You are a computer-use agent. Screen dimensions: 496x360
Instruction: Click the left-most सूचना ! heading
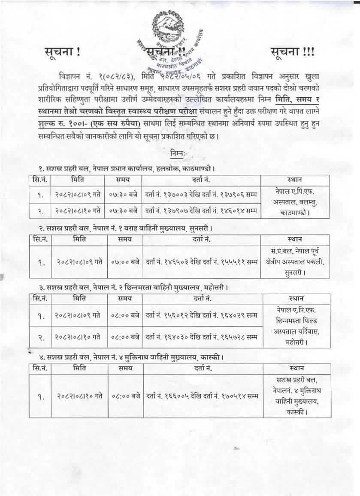coord(62,53)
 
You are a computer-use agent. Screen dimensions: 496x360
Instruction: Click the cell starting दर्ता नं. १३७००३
coord(201,195)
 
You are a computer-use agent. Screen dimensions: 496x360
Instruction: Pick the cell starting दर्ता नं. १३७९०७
coord(201,210)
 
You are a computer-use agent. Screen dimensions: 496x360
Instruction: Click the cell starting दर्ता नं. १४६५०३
coord(201,260)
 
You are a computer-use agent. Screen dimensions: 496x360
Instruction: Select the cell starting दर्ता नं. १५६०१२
coord(201,316)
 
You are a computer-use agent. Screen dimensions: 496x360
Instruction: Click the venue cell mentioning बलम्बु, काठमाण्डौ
coord(297,202)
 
